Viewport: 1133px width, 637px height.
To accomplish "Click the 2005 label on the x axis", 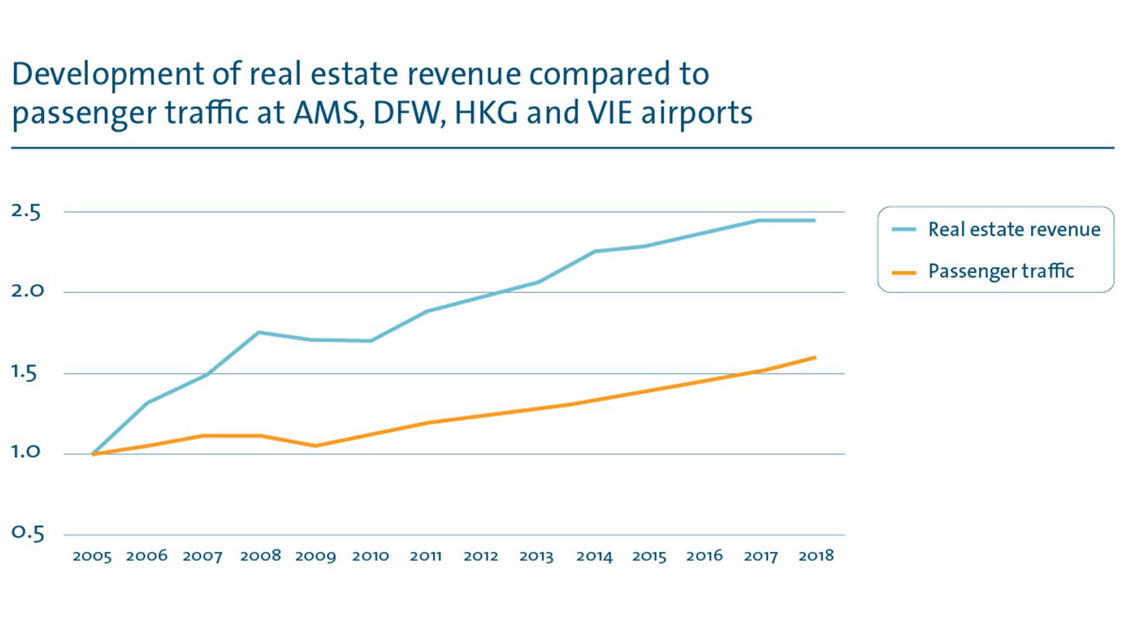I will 92,556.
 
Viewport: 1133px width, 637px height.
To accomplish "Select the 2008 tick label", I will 260,556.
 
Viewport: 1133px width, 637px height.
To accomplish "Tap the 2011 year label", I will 425,556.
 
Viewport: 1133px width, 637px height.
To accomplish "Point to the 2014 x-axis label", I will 594,556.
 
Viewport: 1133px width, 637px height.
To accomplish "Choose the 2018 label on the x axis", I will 816,556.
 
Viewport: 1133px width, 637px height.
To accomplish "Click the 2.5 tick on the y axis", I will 26,212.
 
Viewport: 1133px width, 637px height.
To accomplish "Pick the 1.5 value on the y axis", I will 24,373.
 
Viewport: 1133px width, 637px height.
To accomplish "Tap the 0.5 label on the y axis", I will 28,533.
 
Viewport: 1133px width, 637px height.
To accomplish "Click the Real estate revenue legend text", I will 1014,229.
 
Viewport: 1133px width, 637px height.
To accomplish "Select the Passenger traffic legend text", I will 1001,271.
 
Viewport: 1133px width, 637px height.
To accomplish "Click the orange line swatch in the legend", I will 903,272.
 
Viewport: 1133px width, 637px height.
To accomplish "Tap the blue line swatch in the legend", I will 903,229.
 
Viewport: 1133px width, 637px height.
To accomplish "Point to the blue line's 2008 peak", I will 259,333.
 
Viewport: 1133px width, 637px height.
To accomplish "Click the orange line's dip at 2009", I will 315,446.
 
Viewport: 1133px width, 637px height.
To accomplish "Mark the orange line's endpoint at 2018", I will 815,357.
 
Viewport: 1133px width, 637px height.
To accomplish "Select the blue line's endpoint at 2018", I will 815,221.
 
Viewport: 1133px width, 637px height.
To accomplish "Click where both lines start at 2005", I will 93,454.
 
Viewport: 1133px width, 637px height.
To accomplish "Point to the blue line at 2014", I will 595,252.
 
